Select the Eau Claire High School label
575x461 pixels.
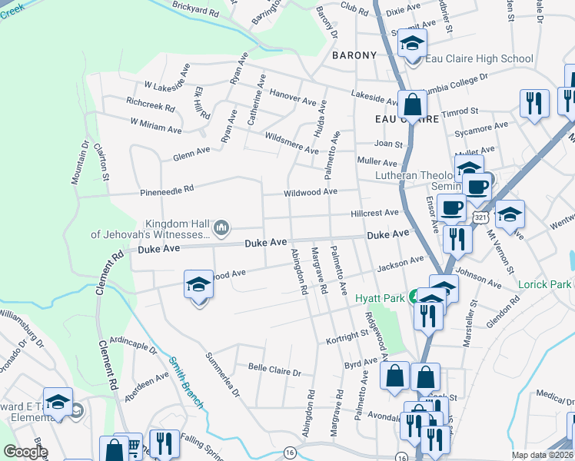pos(479,58)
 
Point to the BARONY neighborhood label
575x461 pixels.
pos(354,55)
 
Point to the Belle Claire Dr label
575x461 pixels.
pos(274,370)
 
